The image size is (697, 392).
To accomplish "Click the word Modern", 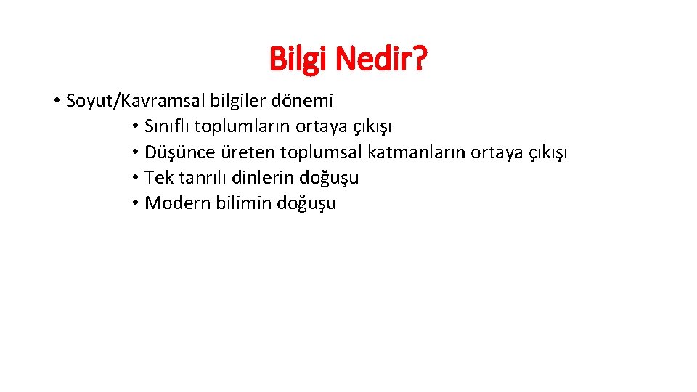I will click(178, 203).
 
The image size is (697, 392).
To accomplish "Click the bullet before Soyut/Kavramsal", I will click(56, 101).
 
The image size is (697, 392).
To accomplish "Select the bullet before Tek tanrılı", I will click(136, 178).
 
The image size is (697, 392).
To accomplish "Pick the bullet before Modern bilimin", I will click(136, 203).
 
